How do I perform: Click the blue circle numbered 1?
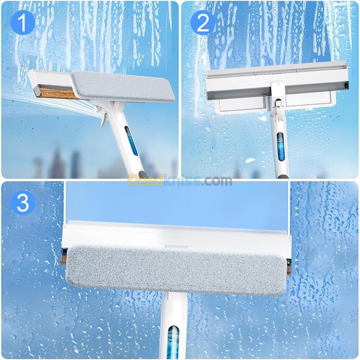click(x=22, y=23)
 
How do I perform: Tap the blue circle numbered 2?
click(x=203, y=23)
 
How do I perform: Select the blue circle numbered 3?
click(x=22, y=203)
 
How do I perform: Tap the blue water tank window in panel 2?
click(x=280, y=147)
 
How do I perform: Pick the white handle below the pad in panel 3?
click(x=173, y=326)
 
